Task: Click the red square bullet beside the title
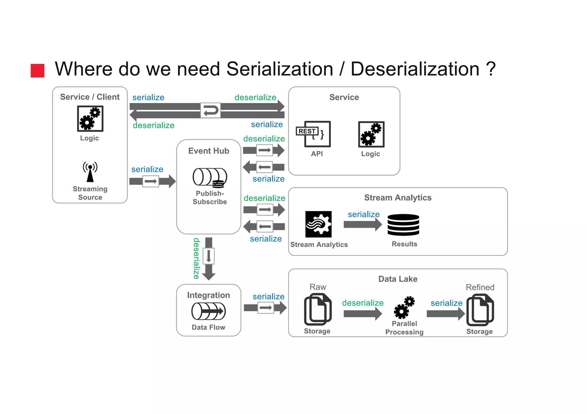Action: tap(38, 70)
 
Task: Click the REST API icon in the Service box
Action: tap(314, 134)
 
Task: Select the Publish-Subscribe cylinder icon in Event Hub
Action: tap(210, 177)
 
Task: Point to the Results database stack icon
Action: tap(403, 225)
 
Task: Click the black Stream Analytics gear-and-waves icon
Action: tap(318, 224)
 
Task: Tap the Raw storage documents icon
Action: tap(318, 310)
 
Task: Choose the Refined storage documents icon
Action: tap(480, 310)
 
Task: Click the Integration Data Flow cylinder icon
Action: tap(208, 311)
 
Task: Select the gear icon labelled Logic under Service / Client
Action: tap(90, 119)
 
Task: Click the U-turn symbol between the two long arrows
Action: tap(210, 110)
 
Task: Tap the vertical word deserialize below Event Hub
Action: tap(196, 258)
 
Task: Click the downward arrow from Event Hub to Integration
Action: tap(209, 259)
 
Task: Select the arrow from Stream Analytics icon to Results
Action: tap(363, 225)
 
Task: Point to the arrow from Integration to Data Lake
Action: tap(265, 308)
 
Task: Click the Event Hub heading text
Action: tap(209, 151)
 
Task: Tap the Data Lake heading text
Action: tap(398, 279)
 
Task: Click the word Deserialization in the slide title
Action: tap(415, 69)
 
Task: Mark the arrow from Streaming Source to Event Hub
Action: tap(152, 181)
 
